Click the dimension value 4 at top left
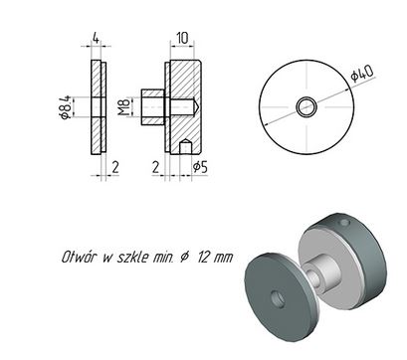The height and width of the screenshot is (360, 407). (96, 38)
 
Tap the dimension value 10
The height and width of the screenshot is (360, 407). (182, 38)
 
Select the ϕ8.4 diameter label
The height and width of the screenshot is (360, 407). (65, 106)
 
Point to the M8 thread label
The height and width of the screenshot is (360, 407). (124, 106)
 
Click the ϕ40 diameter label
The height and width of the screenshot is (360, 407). (362, 74)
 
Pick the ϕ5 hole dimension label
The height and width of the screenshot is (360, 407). (200, 167)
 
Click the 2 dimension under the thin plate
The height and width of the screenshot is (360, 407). (115, 167)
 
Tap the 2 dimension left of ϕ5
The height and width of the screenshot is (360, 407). (155, 167)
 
